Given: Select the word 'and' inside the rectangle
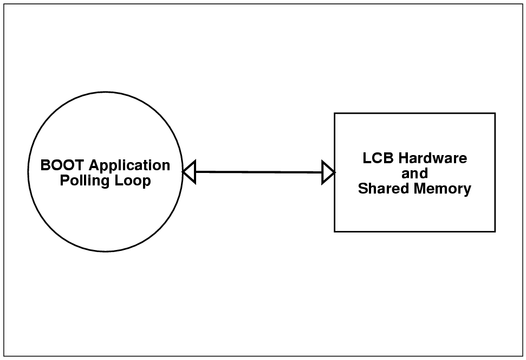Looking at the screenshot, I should point(414,173).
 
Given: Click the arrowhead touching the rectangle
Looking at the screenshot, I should point(328,172).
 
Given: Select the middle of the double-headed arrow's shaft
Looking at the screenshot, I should point(258,172).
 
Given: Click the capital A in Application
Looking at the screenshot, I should point(93,165).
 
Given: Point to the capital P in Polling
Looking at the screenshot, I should point(64,181).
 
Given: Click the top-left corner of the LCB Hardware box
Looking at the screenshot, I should point(334,113).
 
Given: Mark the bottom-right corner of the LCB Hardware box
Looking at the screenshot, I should point(495,232).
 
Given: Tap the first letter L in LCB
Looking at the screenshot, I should point(366,158).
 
